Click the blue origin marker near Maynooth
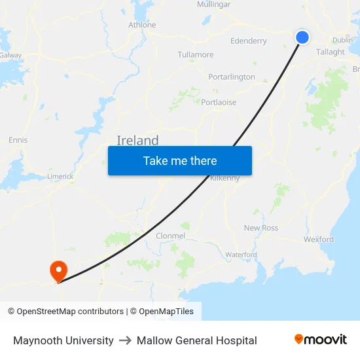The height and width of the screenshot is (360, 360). pyautogui.click(x=302, y=37)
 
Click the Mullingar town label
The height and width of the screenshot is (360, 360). pyautogui.click(x=213, y=5)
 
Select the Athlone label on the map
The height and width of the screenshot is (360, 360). pyautogui.click(x=142, y=25)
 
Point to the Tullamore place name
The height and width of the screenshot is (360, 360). pyautogui.click(x=196, y=55)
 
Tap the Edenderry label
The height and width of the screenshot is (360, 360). pyautogui.click(x=249, y=41)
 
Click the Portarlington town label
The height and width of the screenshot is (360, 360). pyautogui.click(x=232, y=77)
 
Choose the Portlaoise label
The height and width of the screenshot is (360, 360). pyautogui.click(x=219, y=103)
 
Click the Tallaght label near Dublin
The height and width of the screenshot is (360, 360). pyautogui.click(x=330, y=52)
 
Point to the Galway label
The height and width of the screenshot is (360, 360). pyautogui.click(x=10, y=56)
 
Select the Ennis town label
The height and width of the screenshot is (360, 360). pyautogui.click(x=18, y=140)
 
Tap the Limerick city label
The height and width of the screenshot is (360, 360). pyautogui.click(x=60, y=177)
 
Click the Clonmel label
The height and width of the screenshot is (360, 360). pyautogui.click(x=170, y=236)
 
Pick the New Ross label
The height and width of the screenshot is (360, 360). pyautogui.click(x=261, y=228)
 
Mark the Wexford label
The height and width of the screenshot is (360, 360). pyautogui.click(x=319, y=240)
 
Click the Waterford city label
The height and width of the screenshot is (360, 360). pyautogui.click(x=241, y=255)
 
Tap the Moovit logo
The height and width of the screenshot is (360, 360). pyautogui.click(x=320, y=340)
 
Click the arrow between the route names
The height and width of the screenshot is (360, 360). pyautogui.click(x=125, y=340)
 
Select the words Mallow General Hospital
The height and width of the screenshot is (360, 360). pyautogui.click(x=196, y=340)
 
